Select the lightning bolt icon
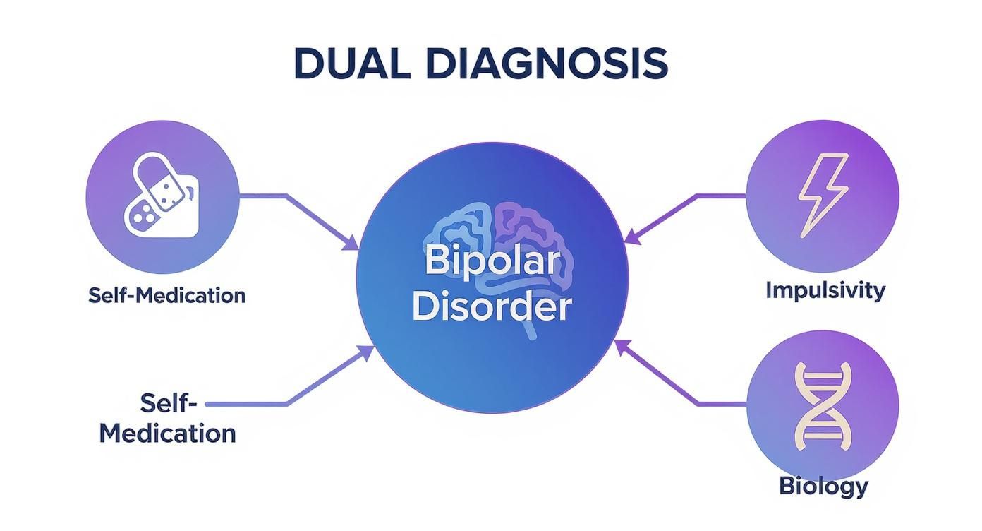[822, 195]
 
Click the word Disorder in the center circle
[492, 307]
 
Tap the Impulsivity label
[825, 290]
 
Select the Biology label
[823, 486]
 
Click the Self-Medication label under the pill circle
[167, 294]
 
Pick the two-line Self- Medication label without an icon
[168, 418]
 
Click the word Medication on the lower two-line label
[168, 433]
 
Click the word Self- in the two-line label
[167, 403]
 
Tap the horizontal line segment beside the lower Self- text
[247, 404]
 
